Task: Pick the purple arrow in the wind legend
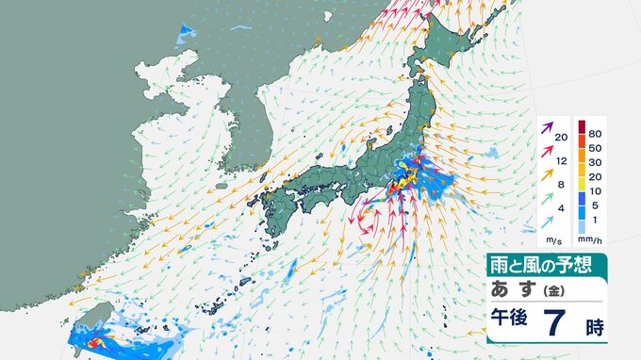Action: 547,126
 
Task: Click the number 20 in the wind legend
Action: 561,139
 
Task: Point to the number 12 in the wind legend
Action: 561,162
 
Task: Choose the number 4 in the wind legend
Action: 561,208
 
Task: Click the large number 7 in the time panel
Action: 553,324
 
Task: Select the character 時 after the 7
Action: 593,327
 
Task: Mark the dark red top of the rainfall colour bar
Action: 583,125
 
